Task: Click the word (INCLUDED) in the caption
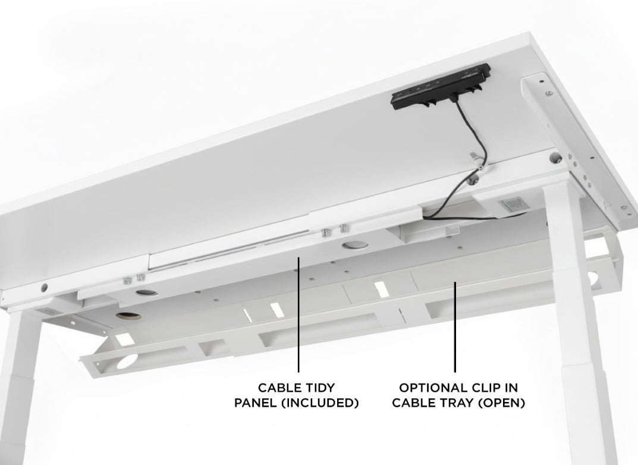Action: (325, 403)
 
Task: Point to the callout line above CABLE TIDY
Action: (298, 315)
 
